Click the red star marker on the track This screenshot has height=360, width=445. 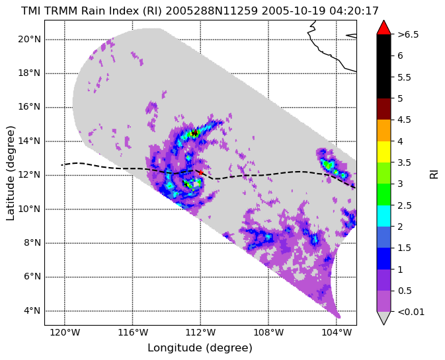200,172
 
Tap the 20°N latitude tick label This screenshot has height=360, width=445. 30,39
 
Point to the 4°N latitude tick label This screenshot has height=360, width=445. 32,311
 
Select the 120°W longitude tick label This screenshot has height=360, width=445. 65,332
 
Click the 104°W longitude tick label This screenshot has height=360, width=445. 337,332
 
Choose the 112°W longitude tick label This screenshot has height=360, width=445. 200,332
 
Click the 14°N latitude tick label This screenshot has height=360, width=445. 30,141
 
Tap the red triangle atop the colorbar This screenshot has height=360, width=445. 384,27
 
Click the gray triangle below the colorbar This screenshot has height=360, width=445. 384,318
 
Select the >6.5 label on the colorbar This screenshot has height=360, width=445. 408,34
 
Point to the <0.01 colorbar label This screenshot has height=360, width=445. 411,312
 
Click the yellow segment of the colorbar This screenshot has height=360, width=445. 384,152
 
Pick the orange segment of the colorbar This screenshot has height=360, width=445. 384,130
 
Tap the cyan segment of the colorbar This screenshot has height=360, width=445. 384,216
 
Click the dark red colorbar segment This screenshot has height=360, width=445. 384,109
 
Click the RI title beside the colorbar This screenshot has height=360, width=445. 434,172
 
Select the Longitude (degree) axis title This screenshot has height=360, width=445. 200,348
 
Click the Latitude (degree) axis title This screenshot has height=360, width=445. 10,173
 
